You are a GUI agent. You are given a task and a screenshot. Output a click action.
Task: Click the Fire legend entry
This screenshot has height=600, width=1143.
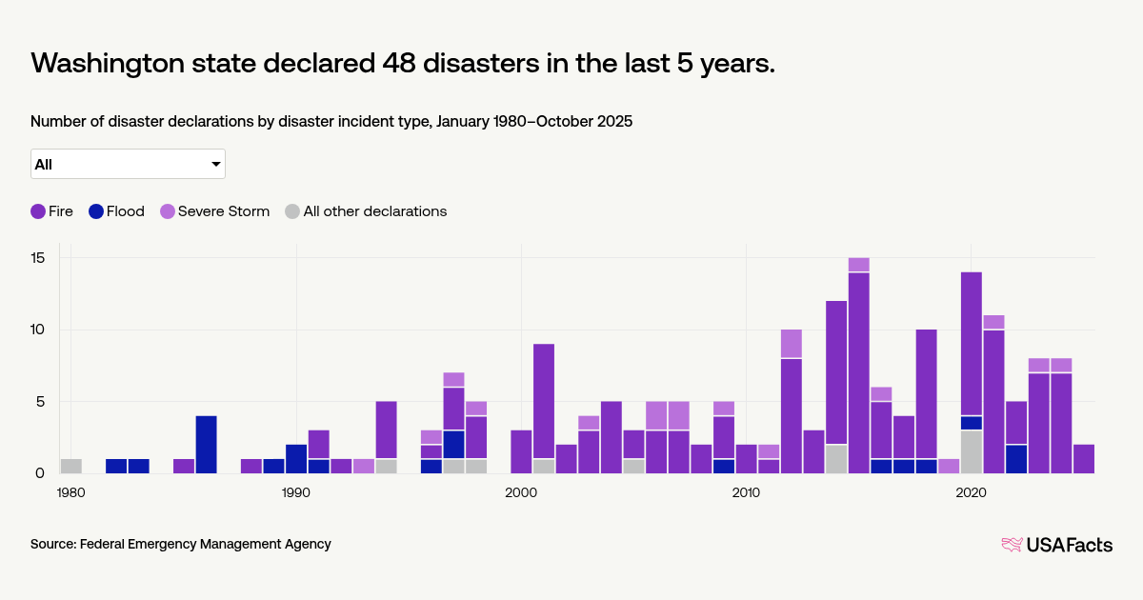tap(51, 211)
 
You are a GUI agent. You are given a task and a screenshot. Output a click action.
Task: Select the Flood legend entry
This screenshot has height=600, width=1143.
tap(116, 211)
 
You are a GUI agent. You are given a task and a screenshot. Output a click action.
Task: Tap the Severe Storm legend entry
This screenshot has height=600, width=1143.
tap(213, 211)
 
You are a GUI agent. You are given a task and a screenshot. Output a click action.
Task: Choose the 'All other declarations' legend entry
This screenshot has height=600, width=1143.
tap(366, 211)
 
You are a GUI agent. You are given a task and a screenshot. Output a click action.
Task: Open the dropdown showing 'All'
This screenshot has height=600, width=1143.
tap(128, 164)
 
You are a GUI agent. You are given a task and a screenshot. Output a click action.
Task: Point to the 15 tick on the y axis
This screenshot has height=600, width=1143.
tap(38, 258)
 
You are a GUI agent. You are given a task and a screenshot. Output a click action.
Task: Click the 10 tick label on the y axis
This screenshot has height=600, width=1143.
tap(38, 330)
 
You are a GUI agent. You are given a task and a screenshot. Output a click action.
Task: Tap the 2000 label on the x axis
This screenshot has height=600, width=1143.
tap(521, 492)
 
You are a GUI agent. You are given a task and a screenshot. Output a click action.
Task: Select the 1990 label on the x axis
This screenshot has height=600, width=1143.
tap(296, 492)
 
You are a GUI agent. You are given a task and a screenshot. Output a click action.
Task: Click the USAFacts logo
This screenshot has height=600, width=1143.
tap(1056, 545)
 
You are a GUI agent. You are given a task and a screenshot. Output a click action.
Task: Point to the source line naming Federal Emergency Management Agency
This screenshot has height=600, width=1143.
tap(181, 544)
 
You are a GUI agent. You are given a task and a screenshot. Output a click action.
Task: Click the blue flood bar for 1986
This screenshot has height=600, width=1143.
tap(207, 444)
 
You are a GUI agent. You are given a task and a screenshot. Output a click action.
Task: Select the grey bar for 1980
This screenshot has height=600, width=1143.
tap(71, 466)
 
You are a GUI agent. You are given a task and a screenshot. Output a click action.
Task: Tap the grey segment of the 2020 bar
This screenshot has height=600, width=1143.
tap(972, 451)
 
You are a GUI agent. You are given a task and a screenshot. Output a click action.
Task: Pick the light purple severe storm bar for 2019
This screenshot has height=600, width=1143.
tap(949, 466)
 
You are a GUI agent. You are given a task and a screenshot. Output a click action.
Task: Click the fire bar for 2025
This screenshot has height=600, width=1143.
tap(1084, 458)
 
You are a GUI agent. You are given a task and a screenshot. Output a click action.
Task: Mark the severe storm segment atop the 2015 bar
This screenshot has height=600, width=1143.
tap(859, 265)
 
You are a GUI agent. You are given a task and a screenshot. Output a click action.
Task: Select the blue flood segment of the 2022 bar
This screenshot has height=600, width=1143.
tap(1016, 458)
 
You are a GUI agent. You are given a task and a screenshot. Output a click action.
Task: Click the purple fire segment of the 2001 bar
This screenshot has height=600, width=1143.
tap(544, 401)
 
